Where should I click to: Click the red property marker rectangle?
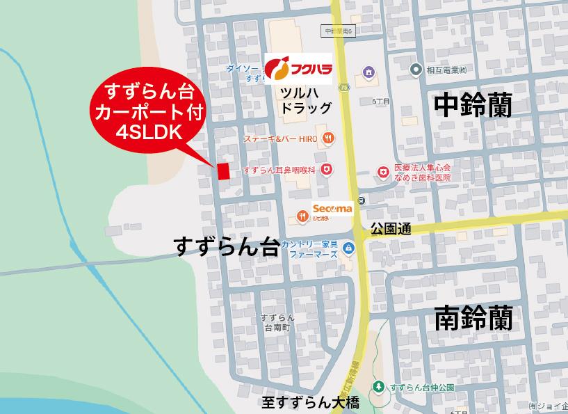click(x=223, y=172)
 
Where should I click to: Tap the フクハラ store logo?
click(x=298, y=69)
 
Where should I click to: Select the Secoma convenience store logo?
click(x=332, y=208)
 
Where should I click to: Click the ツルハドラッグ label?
click(x=305, y=100)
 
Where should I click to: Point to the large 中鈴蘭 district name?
click(x=473, y=106)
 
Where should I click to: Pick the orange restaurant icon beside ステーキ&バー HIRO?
click(x=328, y=138)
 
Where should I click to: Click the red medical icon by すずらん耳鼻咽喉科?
click(x=327, y=170)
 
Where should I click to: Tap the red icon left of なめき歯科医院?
click(x=382, y=172)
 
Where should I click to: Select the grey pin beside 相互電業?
click(x=415, y=69)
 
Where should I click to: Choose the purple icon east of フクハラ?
click(x=368, y=72)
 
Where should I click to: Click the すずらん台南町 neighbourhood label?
click(x=277, y=323)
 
